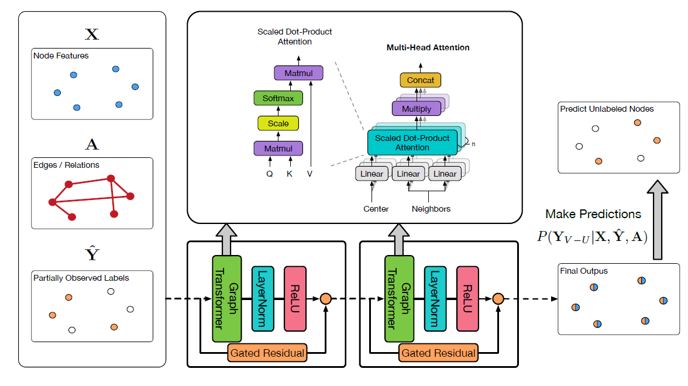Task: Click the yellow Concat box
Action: [x=420, y=80]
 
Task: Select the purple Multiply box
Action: [x=417, y=109]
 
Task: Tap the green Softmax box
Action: [x=278, y=98]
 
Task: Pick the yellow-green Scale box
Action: [x=278, y=123]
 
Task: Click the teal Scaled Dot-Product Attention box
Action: [x=412, y=143]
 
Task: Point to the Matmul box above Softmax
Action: [x=298, y=73]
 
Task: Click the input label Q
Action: [x=269, y=174]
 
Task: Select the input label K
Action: [x=289, y=174]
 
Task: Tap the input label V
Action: [x=309, y=174]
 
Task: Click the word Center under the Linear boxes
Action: [x=376, y=209]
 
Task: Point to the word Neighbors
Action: [x=431, y=209]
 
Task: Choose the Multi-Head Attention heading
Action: [x=428, y=47]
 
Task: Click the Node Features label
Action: [x=61, y=56]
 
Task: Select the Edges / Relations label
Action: [x=67, y=165]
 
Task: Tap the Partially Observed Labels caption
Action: [x=81, y=278]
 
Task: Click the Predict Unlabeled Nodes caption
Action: [x=607, y=109]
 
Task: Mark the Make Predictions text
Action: [x=593, y=214]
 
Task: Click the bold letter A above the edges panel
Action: [x=92, y=144]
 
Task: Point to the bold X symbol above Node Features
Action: [x=92, y=35]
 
